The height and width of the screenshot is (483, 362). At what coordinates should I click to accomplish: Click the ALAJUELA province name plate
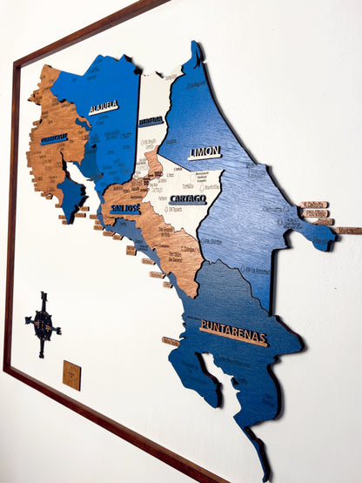click(103, 108)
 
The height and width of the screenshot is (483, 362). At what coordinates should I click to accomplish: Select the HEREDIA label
click(151, 121)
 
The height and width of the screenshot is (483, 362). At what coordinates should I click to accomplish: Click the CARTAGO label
click(188, 199)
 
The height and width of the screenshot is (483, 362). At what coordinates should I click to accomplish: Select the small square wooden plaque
click(71, 375)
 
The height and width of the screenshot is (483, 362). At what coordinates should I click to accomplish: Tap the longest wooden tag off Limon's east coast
click(349, 231)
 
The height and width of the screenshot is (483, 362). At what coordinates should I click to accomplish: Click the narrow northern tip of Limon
click(198, 54)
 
